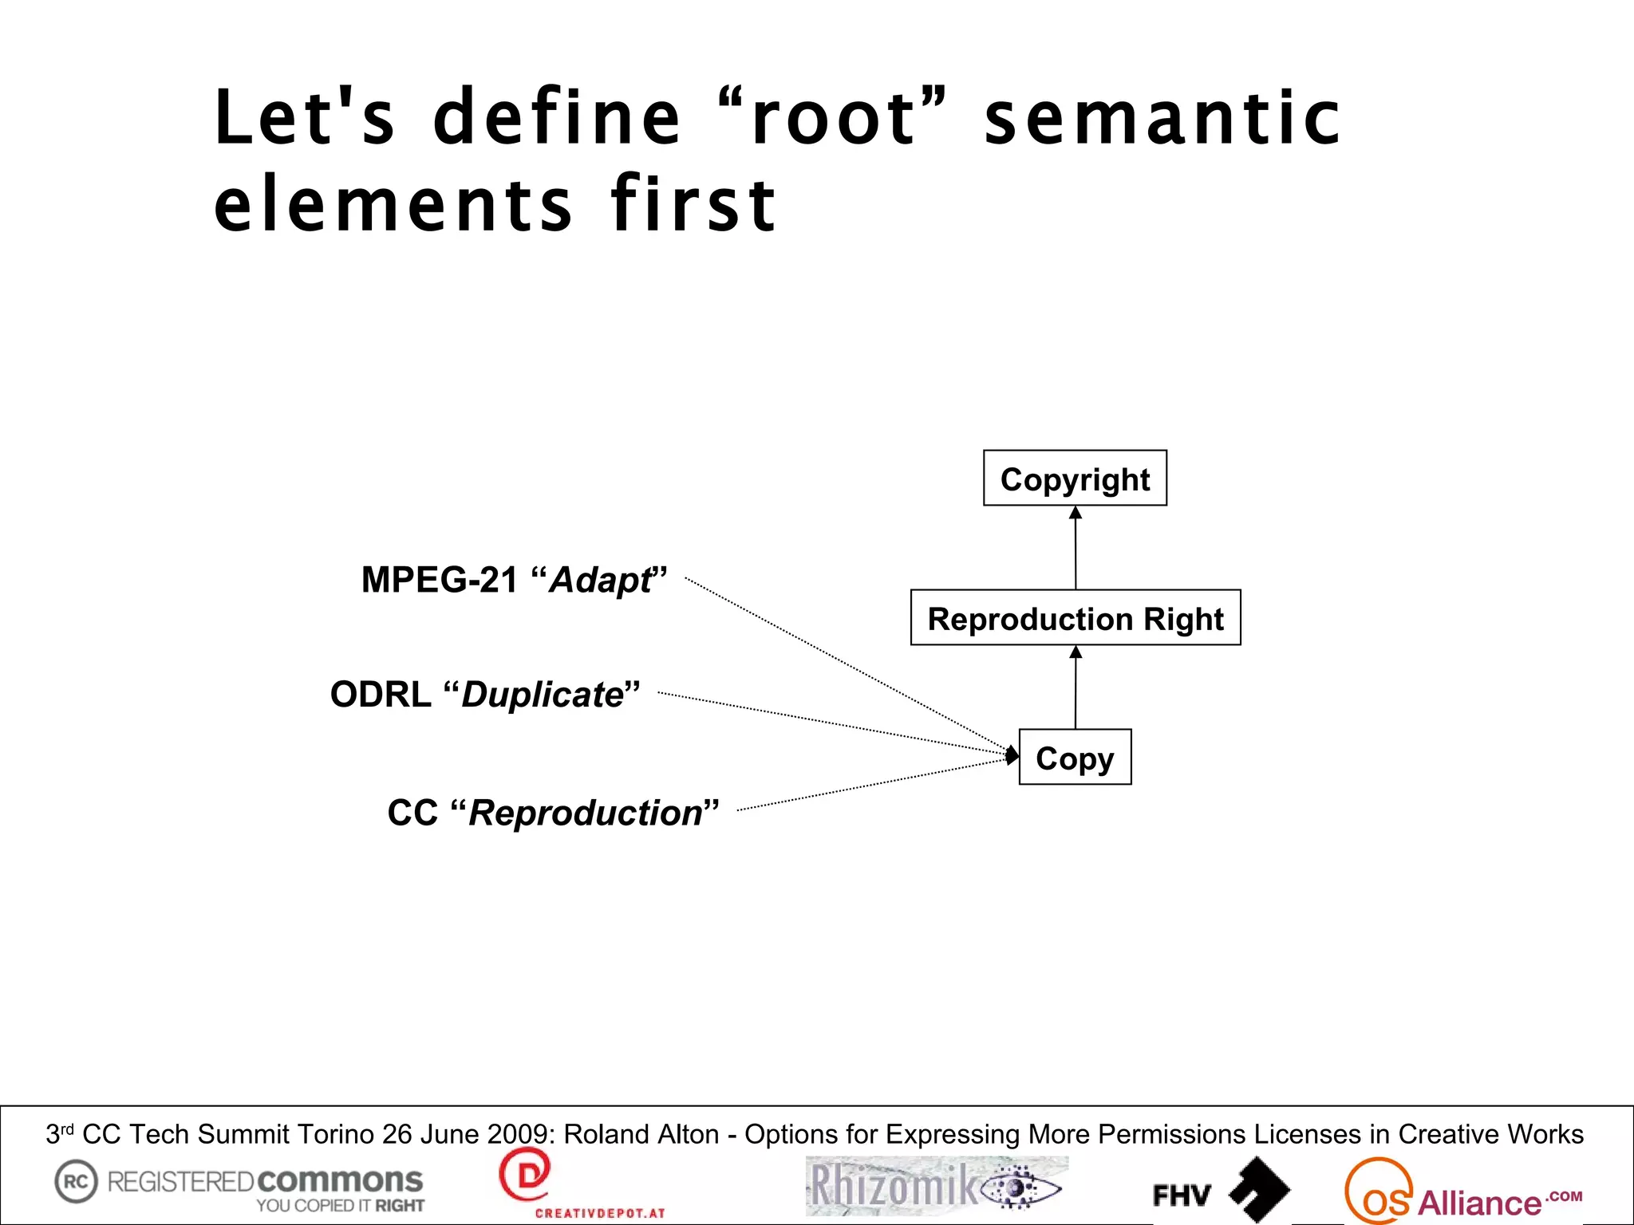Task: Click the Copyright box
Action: pos(1075,479)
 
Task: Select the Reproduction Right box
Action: pos(1076,618)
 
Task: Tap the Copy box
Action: pos(1075,758)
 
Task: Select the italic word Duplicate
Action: pos(543,695)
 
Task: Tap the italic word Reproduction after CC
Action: pos(586,813)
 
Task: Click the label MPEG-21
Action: pos(440,580)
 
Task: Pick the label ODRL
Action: pos(381,695)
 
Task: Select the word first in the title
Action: pos(693,204)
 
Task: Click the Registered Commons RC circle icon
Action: pos(76,1181)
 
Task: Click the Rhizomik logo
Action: pos(937,1186)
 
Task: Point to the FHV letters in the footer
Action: pos(1182,1195)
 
